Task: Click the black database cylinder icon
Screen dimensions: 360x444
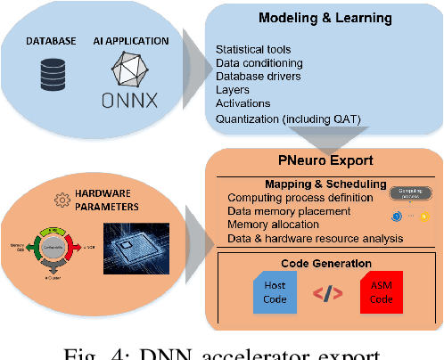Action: pyautogui.click(x=50, y=70)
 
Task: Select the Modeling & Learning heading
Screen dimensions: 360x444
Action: pyautogui.click(x=324, y=19)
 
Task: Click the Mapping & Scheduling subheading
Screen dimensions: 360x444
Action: pyautogui.click(x=306, y=184)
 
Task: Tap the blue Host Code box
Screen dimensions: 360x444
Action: pyautogui.click(x=275, y=291)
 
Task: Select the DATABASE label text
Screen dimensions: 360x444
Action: pyautogui.click(x=51, y=41)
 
